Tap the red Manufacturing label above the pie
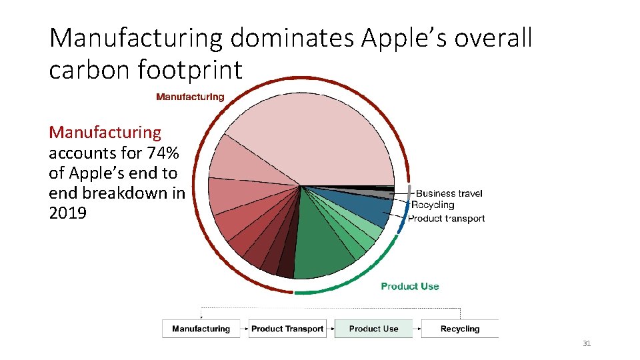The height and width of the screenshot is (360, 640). [190, 97]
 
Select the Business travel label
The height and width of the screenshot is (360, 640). [449, 193]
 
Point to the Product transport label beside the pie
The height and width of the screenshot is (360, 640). [446, 218]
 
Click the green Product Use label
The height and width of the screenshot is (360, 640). [410, 286]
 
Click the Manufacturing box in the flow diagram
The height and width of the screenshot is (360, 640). [201, 329]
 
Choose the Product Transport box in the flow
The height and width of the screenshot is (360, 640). [287, 329]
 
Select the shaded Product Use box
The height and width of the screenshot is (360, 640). [373, 329]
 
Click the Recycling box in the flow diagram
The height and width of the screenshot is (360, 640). [459, 329]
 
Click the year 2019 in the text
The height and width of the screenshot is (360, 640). [67, 213]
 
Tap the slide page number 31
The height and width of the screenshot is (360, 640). [587, 343]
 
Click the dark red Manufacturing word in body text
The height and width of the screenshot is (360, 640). [105, 133]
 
